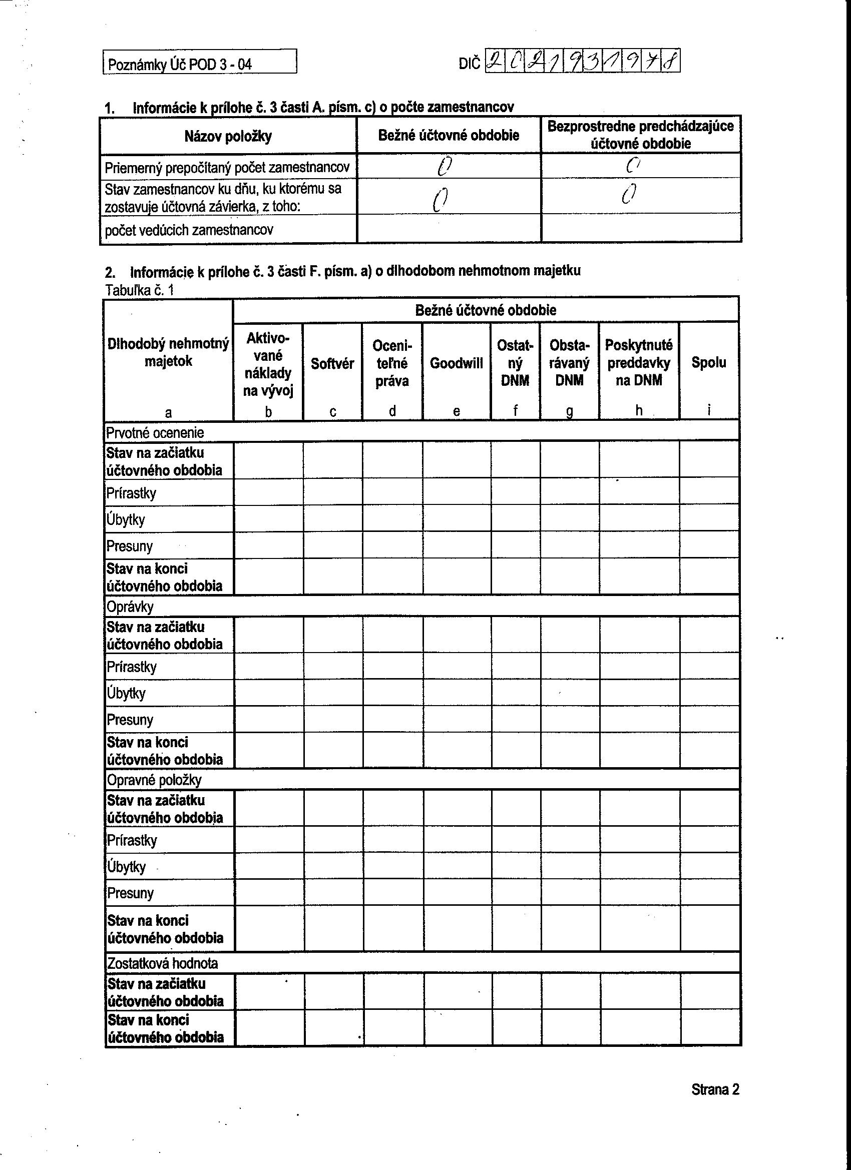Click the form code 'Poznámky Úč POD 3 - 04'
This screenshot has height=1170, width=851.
(179, 65)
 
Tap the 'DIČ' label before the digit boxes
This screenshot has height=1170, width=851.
(469, 64)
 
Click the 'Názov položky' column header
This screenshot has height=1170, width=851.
(228, 136)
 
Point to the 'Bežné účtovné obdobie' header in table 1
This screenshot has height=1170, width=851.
(449, 135)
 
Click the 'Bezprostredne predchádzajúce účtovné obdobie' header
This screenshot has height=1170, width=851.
(640, 135)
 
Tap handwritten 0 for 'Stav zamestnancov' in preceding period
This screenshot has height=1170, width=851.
(629, 194)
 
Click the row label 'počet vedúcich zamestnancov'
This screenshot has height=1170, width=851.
(189, 230)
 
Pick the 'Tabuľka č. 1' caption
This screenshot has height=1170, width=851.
(139, 290)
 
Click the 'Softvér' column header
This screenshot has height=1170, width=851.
(332, 364)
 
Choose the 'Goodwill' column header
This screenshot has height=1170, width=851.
(456, 363)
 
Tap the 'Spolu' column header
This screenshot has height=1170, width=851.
(708, 362)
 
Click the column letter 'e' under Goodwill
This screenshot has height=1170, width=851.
(456, 411)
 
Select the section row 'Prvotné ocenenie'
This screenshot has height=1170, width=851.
(155, 432)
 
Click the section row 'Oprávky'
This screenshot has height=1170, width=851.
(130, 606)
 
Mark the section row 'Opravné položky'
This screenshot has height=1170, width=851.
(154, 780)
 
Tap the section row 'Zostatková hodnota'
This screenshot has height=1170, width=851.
(162, 963)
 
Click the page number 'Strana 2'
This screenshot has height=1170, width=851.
(715, 1089)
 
